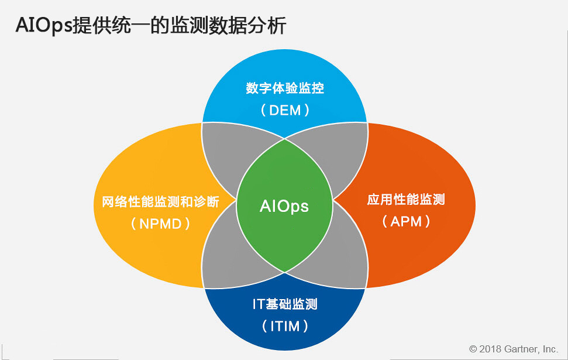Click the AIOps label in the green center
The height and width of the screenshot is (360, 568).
click(x=284, y=206)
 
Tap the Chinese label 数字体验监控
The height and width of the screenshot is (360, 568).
click(x=285, y=88)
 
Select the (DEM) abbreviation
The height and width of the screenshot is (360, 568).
click(x=285, y=110)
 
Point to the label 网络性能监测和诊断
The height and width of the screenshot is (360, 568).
click(x=160, y=201)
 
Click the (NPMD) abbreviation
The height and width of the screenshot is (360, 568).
click(x=160, y=224)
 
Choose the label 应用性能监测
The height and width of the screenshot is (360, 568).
click(x=406, y=200)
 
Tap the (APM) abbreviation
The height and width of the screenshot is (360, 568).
click(x=406, y=221)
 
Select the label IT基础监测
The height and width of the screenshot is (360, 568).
click(x=285, y=304)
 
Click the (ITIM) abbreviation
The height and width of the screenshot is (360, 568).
click(x=285, y=326)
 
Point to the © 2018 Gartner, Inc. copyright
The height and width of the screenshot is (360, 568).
click(x=514, y=349)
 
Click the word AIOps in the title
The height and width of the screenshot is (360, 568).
click(x=44, y=25)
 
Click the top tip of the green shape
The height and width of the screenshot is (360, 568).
click(x=285, y=139)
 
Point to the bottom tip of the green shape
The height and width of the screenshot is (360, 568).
click(x=285, y=272)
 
